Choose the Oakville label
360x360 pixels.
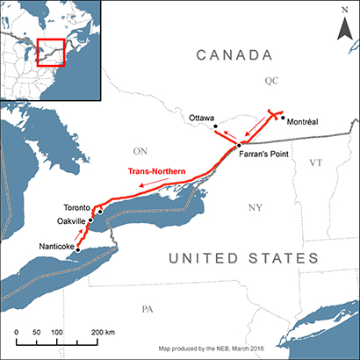tap(71, 220)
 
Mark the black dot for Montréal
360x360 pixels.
tap(283, 120)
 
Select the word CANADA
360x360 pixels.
tap(233, 56)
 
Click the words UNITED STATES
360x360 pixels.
tap(243, 258)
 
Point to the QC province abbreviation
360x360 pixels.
tap(270, 81)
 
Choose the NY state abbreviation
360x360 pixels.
tap(256, 207)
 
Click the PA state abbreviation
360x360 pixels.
tap(148, 309)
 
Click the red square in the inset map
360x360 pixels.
tap(52, 51)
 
